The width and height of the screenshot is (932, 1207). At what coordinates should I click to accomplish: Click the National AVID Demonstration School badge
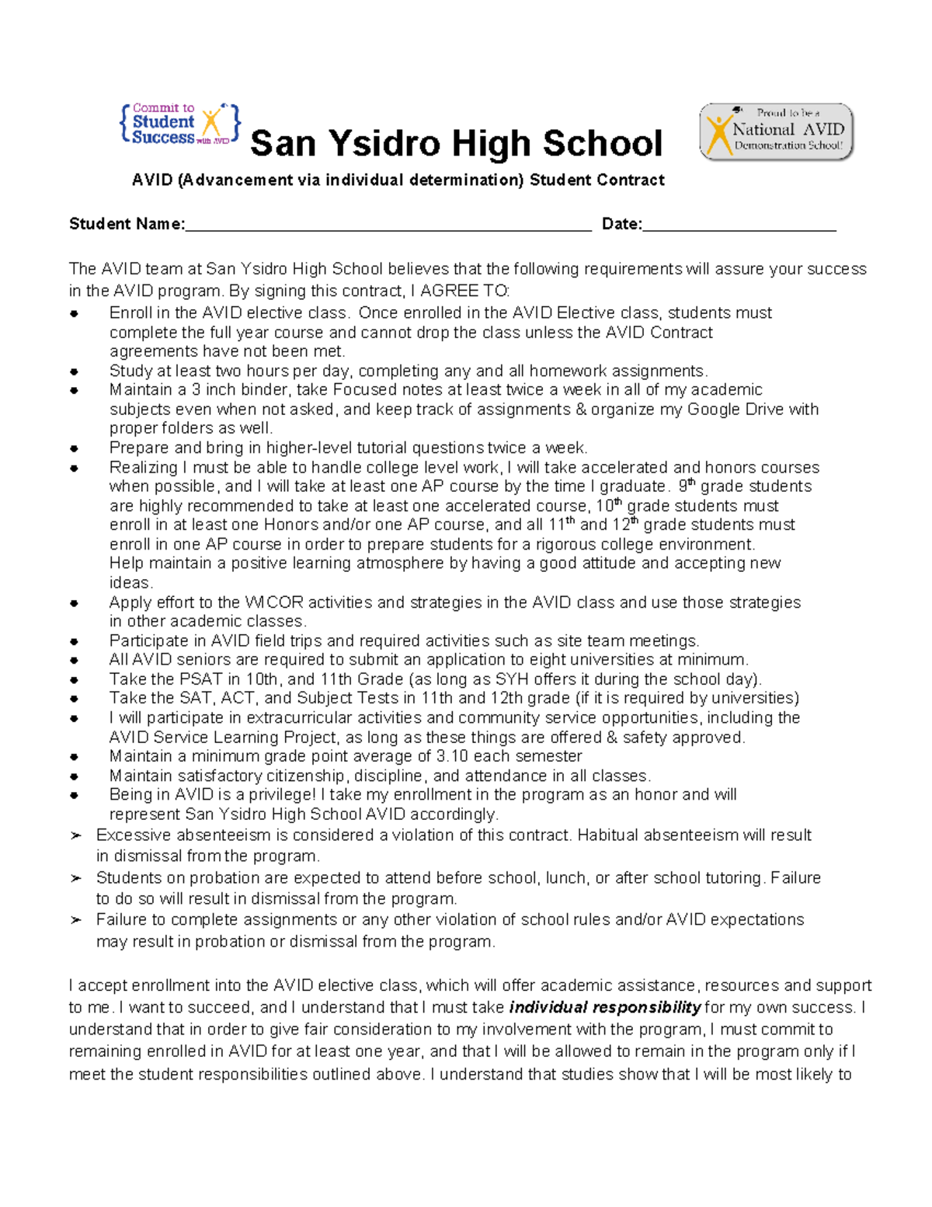776,131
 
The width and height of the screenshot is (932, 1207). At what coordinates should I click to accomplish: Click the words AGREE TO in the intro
464,291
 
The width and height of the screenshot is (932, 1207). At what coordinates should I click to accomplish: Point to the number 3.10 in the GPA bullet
453,756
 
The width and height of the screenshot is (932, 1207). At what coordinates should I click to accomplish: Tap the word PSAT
200,679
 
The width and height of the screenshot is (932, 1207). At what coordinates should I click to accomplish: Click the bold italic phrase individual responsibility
605,1008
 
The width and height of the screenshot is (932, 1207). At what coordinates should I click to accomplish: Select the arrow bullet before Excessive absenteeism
75,835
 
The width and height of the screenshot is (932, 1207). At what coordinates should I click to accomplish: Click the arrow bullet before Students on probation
75,878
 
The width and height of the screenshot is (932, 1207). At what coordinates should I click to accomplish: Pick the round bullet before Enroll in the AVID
75,314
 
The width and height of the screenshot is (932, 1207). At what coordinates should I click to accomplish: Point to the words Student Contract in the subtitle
596,180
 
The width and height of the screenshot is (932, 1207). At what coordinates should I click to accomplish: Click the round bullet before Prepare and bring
75,448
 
